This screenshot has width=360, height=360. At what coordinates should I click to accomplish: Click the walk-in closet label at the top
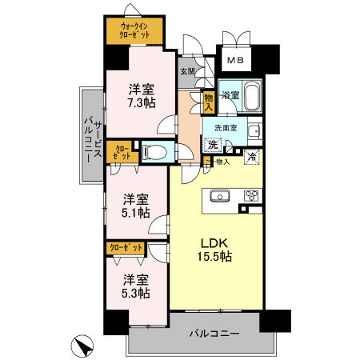[135, 31]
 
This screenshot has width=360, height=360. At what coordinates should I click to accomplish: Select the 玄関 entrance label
[187, 72]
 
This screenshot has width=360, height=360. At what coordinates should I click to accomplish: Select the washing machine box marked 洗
[212, 146]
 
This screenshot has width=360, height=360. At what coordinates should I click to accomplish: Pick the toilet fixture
[155, 151]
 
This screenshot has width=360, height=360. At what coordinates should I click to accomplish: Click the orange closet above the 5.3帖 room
[126, 249]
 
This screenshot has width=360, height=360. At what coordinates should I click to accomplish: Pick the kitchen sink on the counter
[219, 195]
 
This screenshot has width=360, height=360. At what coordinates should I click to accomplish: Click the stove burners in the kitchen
[250, 195]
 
